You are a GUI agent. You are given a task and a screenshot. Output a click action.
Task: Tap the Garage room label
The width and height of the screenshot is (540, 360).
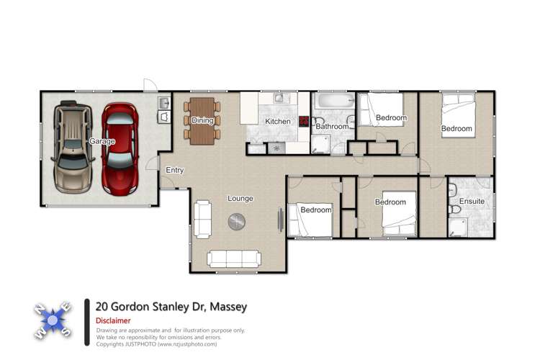tap(102, 142)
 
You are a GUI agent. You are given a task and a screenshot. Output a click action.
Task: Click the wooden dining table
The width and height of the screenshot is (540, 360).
tap(202, 120)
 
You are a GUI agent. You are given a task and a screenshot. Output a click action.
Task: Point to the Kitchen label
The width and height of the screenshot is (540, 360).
tap(277, 122)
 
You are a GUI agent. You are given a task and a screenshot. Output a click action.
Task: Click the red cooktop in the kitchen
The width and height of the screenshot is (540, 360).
tap(305, 122)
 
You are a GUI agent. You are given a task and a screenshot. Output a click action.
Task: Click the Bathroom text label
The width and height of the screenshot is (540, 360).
tap(332, 127)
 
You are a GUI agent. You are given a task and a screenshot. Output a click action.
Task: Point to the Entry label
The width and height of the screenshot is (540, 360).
tap(174, 171)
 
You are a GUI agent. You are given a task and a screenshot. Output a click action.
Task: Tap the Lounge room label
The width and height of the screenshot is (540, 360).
tap(240, 199)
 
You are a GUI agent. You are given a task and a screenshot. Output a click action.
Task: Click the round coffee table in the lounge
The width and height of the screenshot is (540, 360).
tap(238, 222)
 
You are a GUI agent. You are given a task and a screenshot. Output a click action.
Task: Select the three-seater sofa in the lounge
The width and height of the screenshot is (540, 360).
tap(233, 258)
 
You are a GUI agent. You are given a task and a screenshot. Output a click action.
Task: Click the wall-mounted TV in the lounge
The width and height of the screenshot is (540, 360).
tap(280, 220)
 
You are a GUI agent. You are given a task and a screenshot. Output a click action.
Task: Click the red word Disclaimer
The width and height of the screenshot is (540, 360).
tap(113, 320)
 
